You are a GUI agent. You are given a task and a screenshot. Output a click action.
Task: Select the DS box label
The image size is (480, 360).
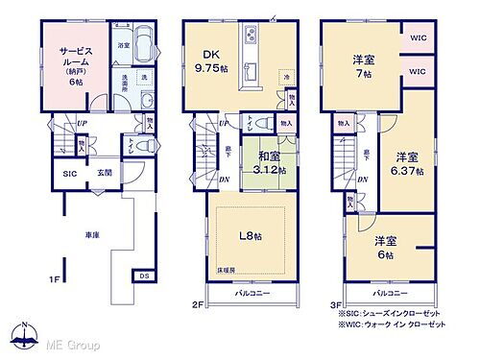pyautogui.click(x=144, y=276)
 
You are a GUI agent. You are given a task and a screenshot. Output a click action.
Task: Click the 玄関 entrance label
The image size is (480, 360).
pyautogui.click(x=103, y=173)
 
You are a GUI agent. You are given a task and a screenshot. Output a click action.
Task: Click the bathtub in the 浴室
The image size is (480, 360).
pyautogui.click(x=142, y=44)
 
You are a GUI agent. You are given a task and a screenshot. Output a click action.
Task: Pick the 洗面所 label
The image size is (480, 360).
pyautogui.click(x=123, y=83)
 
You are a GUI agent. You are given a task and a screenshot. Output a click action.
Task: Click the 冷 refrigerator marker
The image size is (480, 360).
pyautogui.click(x=285, y=75)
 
